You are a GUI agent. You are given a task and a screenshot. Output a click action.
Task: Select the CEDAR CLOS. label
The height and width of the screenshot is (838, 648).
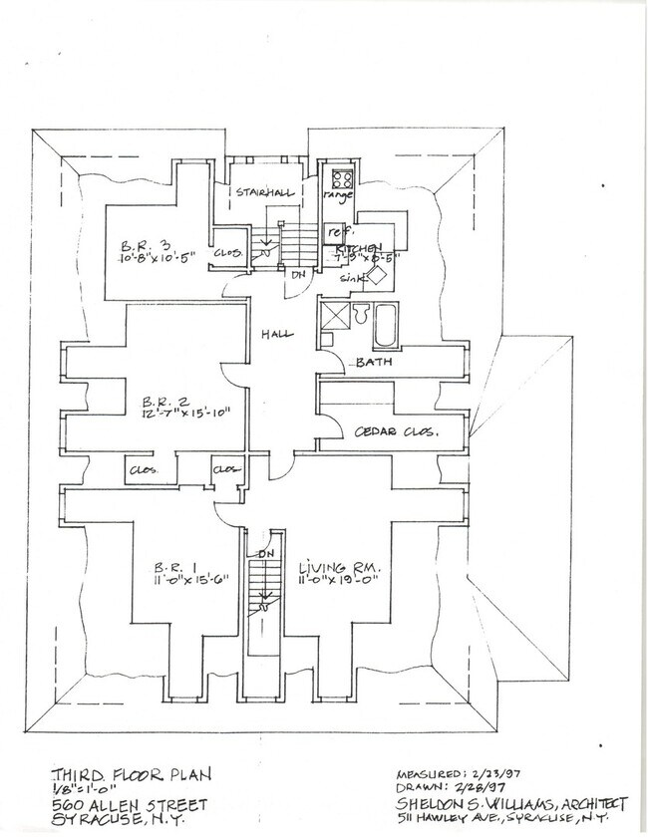click(396, 431)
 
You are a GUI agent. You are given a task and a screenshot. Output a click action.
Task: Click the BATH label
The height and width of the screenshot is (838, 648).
click(374, 363)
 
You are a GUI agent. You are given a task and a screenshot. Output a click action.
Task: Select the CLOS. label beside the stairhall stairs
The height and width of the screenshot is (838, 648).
click(226, 252)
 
